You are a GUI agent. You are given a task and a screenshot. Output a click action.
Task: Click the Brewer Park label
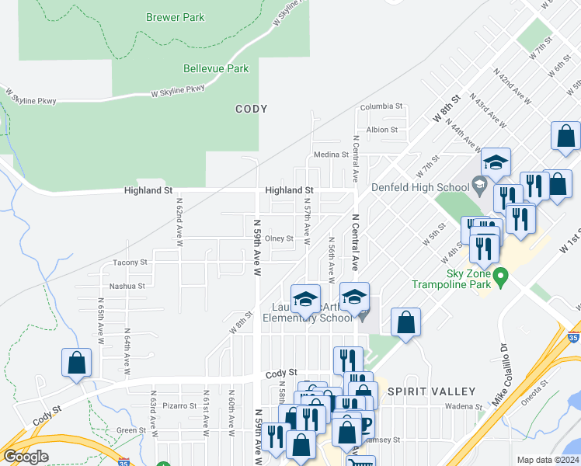click(175, 17)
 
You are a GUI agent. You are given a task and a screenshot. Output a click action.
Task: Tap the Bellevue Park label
click(216, 68)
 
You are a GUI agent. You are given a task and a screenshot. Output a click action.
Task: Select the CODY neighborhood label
click(251, 110)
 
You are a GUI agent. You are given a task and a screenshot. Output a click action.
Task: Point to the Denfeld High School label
click(419, 187)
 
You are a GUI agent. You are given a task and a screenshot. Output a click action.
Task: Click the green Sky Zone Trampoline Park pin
click(502, 275)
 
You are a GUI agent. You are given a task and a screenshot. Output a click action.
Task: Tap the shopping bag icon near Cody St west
click(77, 363)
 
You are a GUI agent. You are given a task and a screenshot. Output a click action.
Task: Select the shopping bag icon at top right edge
click(565, 136)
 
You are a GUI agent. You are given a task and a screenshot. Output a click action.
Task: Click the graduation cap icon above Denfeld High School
click(495, 162)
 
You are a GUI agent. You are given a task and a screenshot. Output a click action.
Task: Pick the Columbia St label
click(381, 106)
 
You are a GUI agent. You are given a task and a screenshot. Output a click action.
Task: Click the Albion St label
click(382, 130)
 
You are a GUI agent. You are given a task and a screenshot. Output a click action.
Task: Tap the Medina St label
click(331, 155)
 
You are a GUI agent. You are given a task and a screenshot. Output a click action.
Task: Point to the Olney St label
click(279, 238)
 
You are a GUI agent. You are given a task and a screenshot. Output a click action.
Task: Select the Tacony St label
click(130, 263)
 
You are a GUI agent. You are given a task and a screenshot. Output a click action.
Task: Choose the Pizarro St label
click(179, 405)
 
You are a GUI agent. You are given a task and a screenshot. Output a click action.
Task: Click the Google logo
click(26, 457)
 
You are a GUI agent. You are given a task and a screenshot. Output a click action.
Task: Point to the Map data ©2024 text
click(548, 460)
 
